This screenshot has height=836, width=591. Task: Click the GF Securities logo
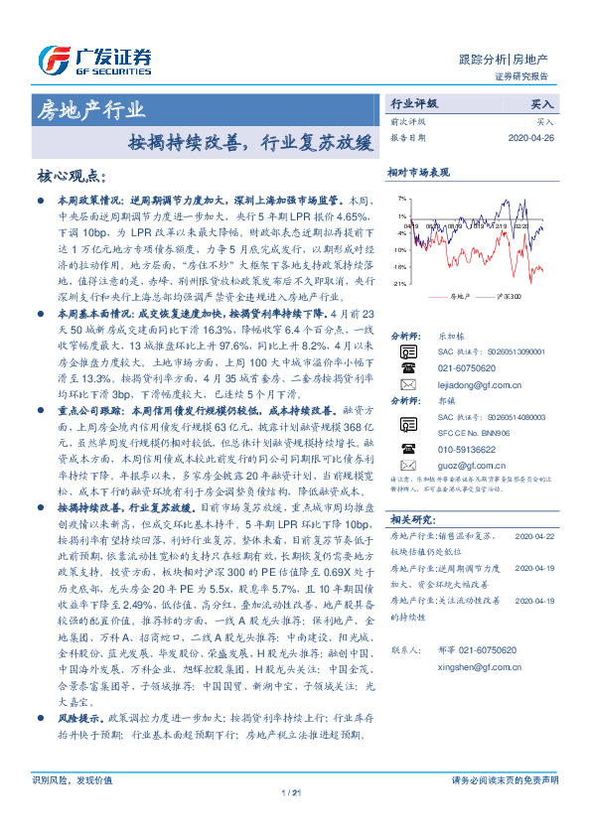pos(94,57)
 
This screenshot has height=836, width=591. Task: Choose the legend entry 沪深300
pos(508,297)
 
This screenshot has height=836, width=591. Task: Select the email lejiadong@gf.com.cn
pos(469,385)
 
